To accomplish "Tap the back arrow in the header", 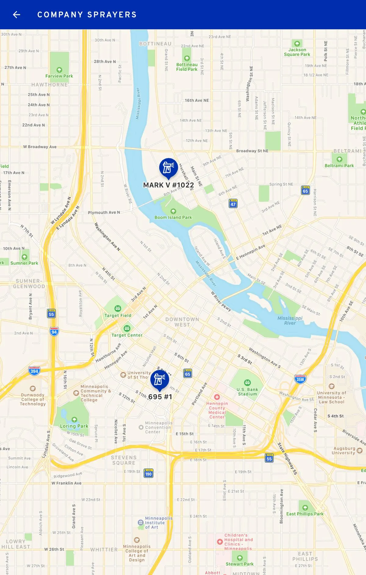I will (16, 15).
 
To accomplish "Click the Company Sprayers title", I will (87, 15).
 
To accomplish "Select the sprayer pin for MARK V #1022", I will (168, 168).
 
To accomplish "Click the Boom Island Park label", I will (173, 217).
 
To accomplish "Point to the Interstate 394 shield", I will (34, 371).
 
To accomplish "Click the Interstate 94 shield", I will (54, 331).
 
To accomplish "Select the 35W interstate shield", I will (300, 379).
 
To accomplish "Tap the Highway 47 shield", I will (233, 204).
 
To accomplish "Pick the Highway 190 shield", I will (149, 473).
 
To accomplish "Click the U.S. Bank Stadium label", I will (247, 392).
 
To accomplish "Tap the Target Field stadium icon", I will (118, 309).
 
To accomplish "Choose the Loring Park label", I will (74, 426).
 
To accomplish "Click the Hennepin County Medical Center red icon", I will (217, 397).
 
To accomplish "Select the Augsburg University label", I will (344, 450).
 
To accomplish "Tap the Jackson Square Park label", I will (297, 52).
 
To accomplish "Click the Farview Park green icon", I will (59, 70).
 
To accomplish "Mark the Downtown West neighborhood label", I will (182, 322).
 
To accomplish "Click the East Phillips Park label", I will (305, 514).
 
